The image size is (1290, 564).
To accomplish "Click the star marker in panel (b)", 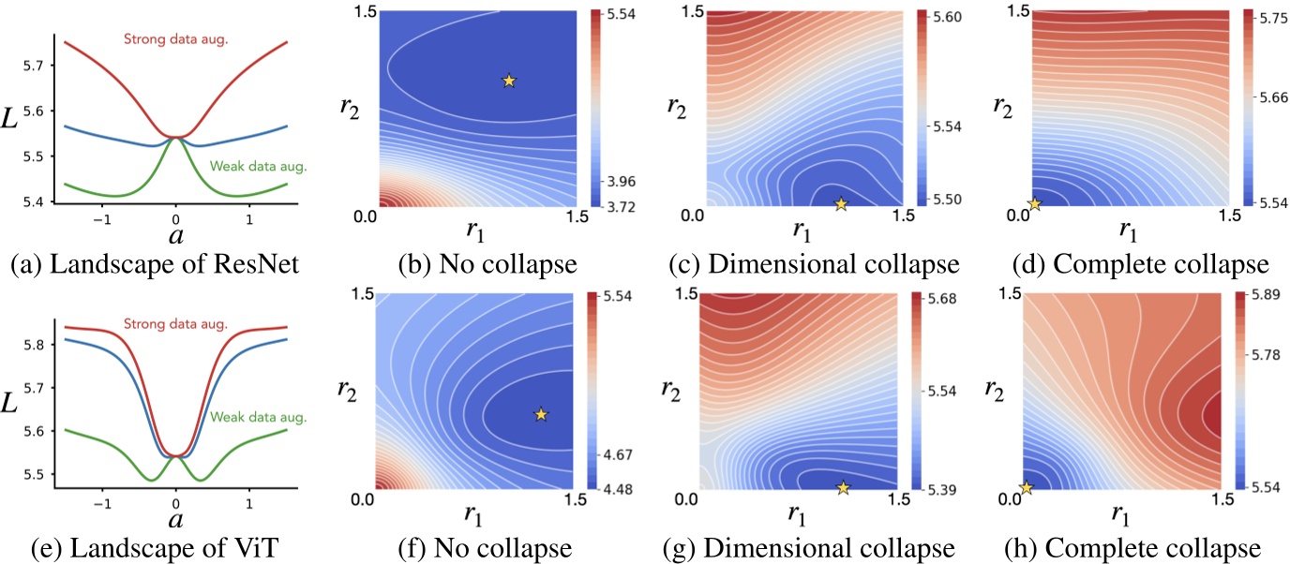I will point(508,82).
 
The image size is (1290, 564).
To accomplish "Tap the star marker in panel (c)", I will point(841,203).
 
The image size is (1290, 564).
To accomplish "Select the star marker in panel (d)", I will point(1034,204).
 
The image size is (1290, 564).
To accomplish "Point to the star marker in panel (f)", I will point(540,414).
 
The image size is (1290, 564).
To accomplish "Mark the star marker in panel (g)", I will point(843,487).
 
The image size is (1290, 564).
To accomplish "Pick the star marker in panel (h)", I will point(1026,487).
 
